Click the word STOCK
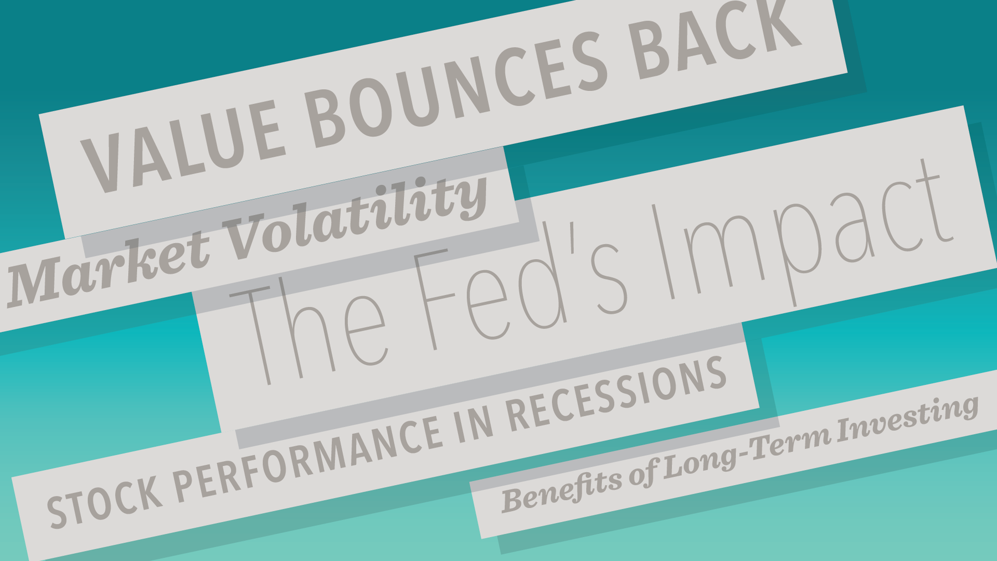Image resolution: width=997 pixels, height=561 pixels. click(105, 502)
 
